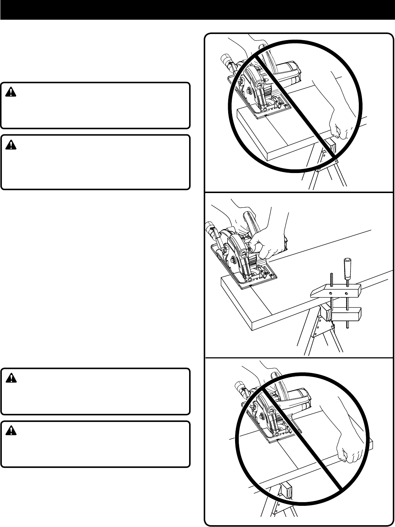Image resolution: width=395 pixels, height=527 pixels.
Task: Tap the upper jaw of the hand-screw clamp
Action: point(335,292)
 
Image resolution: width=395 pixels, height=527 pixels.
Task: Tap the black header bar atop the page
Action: point(197,10)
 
